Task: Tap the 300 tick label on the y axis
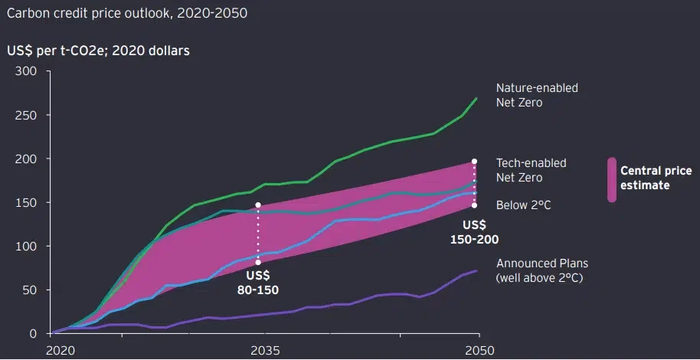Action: point(27,71)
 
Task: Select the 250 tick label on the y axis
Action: point(27,115)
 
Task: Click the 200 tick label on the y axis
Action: point(27,159)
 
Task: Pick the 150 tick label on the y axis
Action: point(27,202)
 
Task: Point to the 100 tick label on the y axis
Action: point(27,246)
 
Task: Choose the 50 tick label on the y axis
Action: point(30,290)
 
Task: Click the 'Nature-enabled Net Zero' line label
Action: point(537,95)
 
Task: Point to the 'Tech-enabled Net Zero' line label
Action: point(532,170)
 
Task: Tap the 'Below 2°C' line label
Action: point(523,205)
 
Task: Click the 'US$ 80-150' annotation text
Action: point(257,283)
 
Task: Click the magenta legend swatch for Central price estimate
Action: point(611,179)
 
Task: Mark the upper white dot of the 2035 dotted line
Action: point(258,205)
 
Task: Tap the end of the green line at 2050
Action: point(476,98)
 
